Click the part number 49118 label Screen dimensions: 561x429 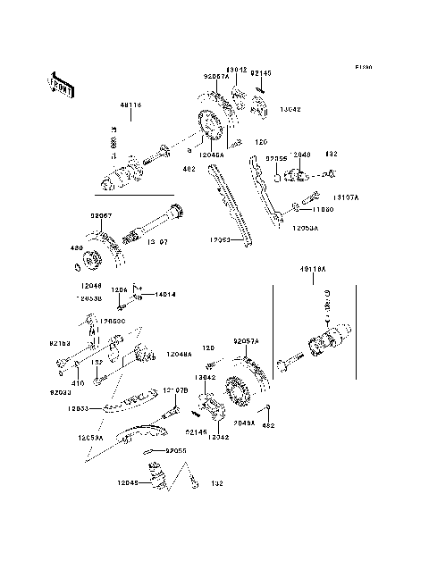click(x=131, y=105)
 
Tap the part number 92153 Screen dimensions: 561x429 click(x=59, y=342)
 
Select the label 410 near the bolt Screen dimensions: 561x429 click(x=78, y=382)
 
